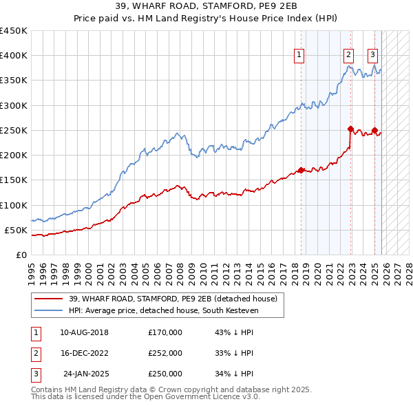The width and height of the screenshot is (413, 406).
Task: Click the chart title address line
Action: coord(206,6)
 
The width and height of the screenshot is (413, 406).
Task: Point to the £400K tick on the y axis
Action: coord(14,56)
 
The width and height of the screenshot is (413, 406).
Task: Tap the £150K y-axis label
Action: coord(14,180)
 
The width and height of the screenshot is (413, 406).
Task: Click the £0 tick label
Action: coord(21,255)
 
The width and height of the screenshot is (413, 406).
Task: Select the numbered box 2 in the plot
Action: coord(349,56)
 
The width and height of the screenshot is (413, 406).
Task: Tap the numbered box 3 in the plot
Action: coord(372,56)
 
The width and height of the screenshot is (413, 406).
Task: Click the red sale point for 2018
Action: coord(301,170)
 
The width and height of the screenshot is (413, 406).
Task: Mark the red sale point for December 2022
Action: coord(350,129)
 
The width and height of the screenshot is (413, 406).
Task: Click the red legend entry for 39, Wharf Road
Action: coord(172,299)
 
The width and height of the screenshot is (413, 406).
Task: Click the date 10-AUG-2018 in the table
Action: coord(84,332)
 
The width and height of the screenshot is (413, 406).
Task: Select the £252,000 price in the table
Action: coord(165,353)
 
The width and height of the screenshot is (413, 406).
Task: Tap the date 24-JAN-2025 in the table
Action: coord(84,374)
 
